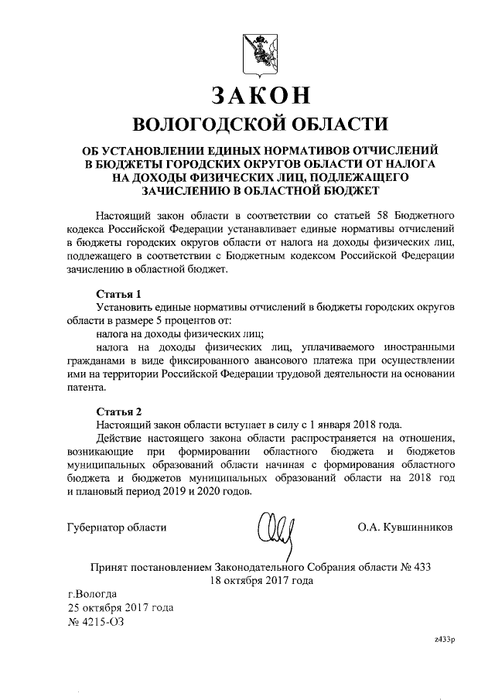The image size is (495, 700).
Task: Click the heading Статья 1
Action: point(118,294)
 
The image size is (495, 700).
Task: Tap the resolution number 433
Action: point(421,565)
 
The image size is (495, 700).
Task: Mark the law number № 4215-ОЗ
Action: point(100,621)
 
